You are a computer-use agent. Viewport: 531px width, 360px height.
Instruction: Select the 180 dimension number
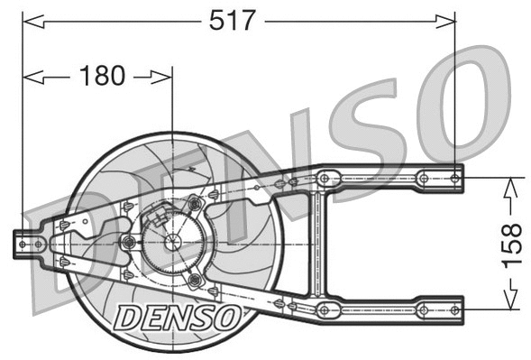pos(102,76)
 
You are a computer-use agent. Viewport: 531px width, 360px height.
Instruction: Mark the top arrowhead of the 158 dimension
pos(509,183)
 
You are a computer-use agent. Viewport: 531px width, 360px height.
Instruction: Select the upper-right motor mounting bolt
pos(195,206)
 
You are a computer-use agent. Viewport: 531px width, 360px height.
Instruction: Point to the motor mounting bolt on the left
pos(129,242)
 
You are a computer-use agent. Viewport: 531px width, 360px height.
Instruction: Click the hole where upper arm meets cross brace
pos(325,178)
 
